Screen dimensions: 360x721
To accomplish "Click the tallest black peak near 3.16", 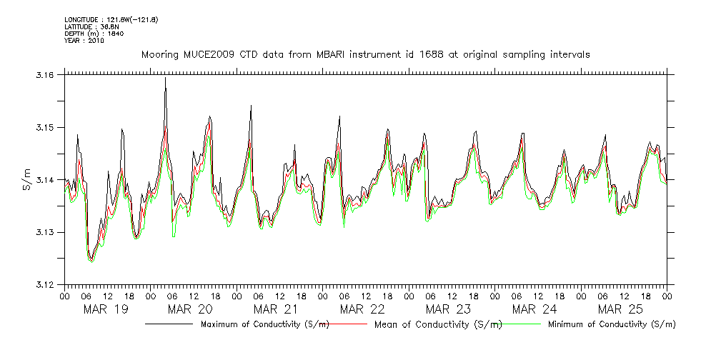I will click(x=165, y=78).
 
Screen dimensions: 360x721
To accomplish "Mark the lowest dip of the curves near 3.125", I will click(x=91, y=261).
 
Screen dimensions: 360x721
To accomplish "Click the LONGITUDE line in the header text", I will click(x=111, y=19).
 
